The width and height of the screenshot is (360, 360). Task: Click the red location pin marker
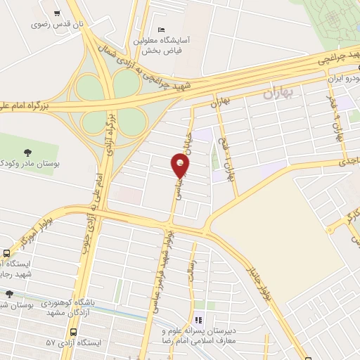pyautogui.click(x=181, y=165)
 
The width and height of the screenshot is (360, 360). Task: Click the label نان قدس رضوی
pyautogui.click(x=56, y=24)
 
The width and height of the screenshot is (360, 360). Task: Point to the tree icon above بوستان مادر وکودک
pyautogui.click(x=28, y=151)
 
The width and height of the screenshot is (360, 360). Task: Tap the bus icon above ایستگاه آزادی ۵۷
pyautogui.click(x=72, y=332)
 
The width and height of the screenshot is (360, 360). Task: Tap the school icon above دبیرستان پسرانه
pyautogui.click(x=198, y=320)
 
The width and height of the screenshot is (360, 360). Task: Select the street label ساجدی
pyautogui.click(x=348, y=163)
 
